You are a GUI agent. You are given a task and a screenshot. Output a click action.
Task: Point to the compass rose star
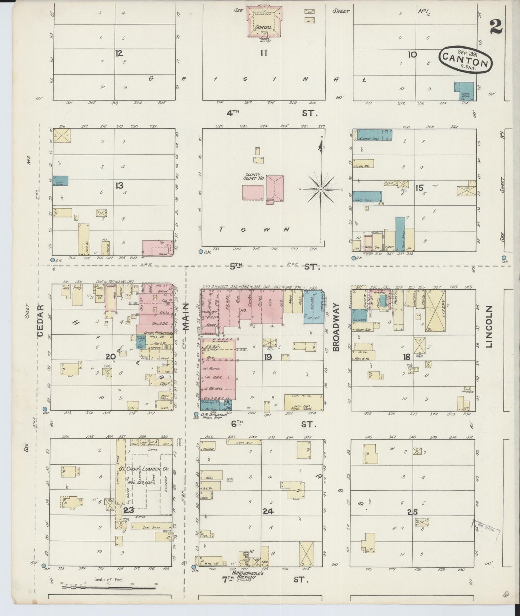tap(321, 189)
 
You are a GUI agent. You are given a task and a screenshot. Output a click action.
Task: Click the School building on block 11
tap(263, 23)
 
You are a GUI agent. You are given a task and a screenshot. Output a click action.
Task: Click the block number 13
tap(119, 186)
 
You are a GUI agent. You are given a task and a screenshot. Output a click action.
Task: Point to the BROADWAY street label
tap(336, 327)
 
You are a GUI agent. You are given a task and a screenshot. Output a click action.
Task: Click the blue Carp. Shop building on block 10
tap(464, 91)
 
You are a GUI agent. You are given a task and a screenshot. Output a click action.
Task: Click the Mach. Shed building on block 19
tap(303, 403)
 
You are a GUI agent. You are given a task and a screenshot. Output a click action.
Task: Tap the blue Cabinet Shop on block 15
tap(372, 135)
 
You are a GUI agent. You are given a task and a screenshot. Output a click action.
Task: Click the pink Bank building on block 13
tap(157, 249)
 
